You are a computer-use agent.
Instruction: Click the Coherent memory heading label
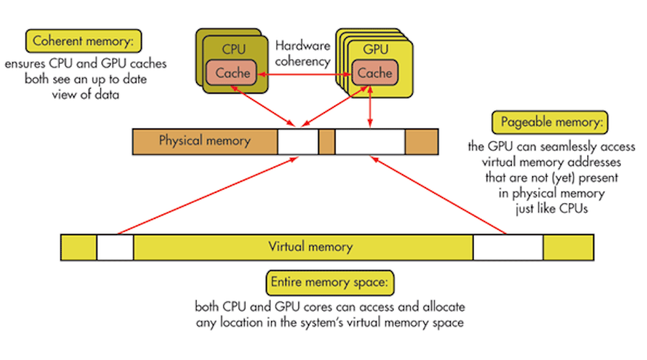pos(83,42)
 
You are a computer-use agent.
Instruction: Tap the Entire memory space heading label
pos(331,284)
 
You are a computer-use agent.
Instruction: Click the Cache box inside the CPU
pos(232,73)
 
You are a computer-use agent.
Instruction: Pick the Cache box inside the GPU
pos(375,73)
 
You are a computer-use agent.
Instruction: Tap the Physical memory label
pos(204,141)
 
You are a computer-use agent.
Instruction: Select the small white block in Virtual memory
pos(115,247)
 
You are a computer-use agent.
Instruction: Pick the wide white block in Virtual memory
pos(508,247)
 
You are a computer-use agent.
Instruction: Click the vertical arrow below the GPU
pos(370,107)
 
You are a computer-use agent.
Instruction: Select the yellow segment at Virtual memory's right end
pos(568,247)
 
